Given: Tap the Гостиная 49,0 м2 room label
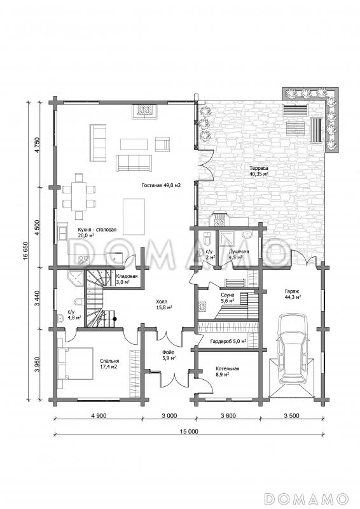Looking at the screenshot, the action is [161, 186].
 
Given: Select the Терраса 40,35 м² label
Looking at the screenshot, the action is [259, 171].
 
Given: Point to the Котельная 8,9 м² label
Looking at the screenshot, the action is [227, 372].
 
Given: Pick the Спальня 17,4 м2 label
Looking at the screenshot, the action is [109, 363].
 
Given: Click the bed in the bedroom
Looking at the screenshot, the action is [75, 363].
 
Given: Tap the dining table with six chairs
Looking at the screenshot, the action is [79, 197].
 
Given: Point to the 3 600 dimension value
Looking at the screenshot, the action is [228, 416].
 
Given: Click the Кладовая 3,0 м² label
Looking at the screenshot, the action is [127, 279].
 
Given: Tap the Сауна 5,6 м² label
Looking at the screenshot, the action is [228, 298].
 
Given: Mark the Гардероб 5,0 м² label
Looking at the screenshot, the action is [228, 342].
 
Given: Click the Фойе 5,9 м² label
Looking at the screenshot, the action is [169, 355].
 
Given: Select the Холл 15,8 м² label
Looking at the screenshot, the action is [163, 305].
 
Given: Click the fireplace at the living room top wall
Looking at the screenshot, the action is [145, 111].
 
